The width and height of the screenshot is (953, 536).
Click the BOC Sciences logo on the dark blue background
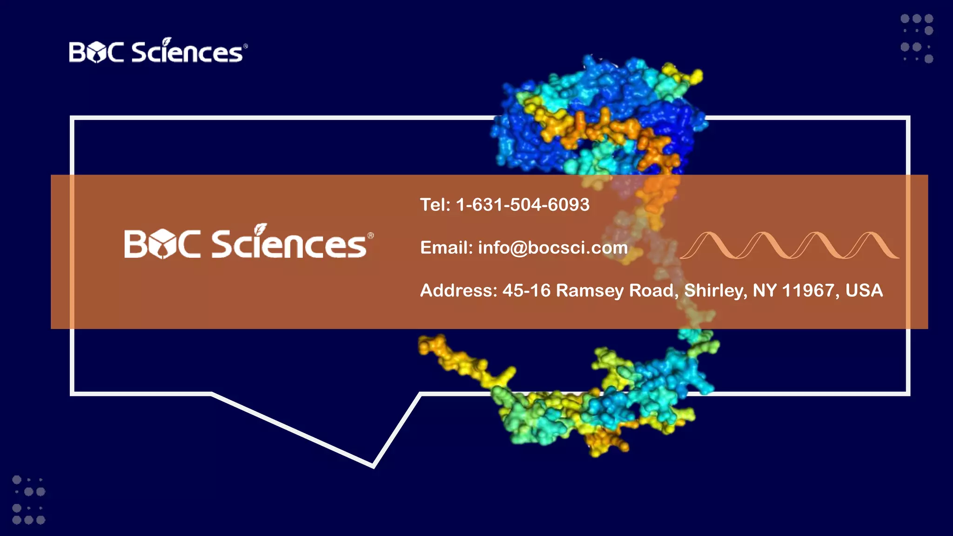click(x=158, y=51)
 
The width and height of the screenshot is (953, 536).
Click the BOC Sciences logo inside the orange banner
click(x=248, y=242)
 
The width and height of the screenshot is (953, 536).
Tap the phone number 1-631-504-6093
click(x=523, y=205)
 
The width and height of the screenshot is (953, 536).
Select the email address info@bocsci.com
click(x=553, y=248)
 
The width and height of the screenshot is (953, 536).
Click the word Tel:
click(x=435, y=205)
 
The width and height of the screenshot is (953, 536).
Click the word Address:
click(x=459, y=290)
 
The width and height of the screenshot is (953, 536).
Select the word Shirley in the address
click(x=716, y=290)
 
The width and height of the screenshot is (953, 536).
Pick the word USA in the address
click(x=864, y=290)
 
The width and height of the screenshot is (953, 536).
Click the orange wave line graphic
click(x=789, y=245)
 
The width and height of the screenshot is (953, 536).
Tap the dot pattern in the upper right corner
click(x=917, y=39)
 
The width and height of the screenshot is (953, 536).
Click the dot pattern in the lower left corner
click(x=28, y=500)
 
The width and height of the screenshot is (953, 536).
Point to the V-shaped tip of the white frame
click(x=373, y=465)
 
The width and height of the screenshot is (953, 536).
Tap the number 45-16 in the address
click(x=526, y=290)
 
